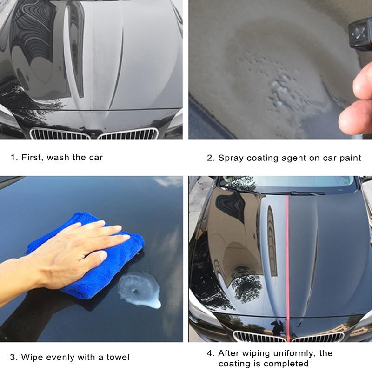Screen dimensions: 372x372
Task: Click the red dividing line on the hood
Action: pyautogui.click(x=288, y=260)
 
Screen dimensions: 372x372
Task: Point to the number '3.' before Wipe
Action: pyautogui.click(x=13, y=357)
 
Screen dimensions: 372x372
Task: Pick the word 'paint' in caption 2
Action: pyautogui.click(x=349, y=158)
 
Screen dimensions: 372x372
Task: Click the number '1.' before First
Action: pyautogui.click(x=13, y=157)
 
